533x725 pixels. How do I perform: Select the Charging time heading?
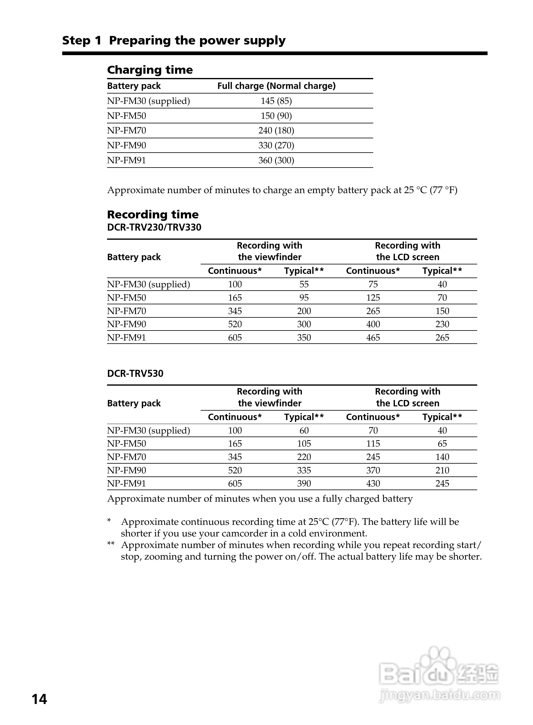[150, 70]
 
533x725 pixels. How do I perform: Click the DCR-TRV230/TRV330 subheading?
[154, 227]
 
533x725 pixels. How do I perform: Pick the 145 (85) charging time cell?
[276, 101]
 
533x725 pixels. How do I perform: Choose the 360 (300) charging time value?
[276, 160]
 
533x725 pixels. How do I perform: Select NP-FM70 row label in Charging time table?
[127, 131]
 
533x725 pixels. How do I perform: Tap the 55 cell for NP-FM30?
[304, 284]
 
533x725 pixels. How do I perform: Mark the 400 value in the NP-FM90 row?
[373, 324]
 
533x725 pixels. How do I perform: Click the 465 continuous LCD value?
[373, 338]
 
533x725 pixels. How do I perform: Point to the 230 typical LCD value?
[442, 324]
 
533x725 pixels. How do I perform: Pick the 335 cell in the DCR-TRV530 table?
[304, 470]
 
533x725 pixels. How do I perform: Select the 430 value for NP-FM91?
[373, 483]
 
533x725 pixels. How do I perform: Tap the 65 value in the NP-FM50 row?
[442, 444]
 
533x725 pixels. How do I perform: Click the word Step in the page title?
[76, 41]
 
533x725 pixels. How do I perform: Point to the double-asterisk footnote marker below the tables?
[111, 544]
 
